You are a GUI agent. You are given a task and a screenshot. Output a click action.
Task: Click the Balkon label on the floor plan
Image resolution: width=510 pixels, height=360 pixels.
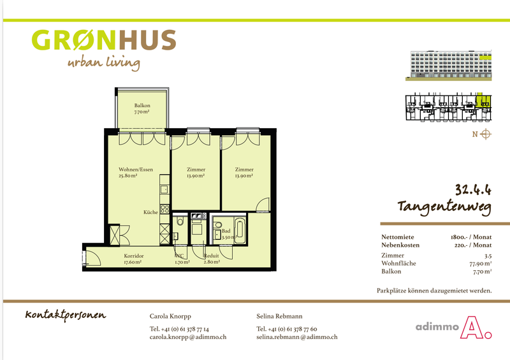(x=142, y=105)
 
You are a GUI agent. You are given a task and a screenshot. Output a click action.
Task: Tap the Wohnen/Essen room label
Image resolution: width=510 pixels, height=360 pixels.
(x=136, y=169)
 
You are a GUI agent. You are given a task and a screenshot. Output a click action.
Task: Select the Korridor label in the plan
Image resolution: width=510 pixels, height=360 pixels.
(x=134, y=256)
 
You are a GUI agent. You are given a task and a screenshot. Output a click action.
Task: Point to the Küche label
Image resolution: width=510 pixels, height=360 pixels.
(x=150, y=212)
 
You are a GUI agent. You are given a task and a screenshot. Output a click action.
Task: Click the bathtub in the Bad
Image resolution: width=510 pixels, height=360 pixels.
(x=240, y=229)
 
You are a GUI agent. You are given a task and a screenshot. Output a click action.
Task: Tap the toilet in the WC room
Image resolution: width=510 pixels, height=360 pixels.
(x=180, y=222)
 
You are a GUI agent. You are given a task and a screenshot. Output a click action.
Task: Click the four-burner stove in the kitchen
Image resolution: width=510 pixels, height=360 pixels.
(x=164, y=209)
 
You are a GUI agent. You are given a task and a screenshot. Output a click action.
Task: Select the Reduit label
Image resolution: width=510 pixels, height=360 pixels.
(x=211, y=256)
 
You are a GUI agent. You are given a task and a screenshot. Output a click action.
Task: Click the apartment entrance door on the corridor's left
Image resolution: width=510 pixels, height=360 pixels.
(x=91, y=257)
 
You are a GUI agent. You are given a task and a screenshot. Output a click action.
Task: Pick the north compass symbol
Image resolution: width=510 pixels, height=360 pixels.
(x=486, y=134)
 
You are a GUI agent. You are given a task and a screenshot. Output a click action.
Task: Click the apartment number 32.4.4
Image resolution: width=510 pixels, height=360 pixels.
(x=473, y=189)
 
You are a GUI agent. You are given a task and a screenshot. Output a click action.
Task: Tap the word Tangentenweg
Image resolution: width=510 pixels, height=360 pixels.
(x=444, y=207)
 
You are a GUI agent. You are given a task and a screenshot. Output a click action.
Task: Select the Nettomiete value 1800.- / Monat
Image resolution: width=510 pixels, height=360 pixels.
(x=471, y=237)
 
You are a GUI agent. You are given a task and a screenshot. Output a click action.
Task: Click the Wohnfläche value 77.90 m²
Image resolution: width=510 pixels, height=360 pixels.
(x=481, y=263)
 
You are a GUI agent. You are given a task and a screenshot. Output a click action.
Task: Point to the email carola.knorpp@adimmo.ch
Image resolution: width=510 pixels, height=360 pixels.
(x=188, y=337)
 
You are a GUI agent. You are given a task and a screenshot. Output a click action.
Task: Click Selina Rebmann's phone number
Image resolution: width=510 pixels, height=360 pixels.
(x=286, y=329)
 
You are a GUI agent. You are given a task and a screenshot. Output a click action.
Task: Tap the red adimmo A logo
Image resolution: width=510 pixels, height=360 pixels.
(x=476, y=328)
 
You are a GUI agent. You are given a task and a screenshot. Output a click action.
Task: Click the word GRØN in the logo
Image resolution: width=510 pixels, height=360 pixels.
(x=74, y=40)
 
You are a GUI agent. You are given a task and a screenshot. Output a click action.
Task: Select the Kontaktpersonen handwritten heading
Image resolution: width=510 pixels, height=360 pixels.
(x=66, y=315)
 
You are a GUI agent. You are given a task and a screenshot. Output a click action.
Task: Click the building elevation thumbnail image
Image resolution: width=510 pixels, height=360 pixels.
(x=449, y=66)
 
